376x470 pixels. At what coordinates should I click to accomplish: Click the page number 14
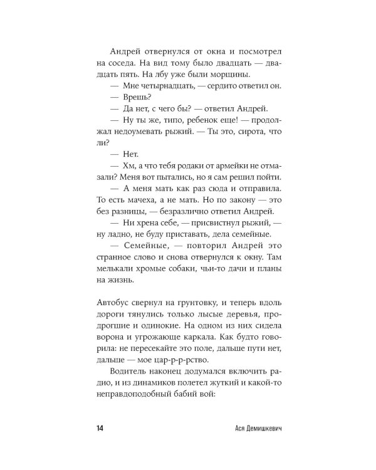coord(100,427)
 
